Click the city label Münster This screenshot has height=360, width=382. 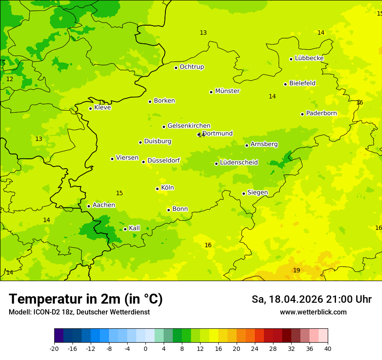227,91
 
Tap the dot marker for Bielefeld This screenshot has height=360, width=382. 285,84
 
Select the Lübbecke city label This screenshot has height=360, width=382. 309,58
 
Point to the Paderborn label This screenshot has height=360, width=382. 321,113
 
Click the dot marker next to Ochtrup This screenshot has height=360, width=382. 176,68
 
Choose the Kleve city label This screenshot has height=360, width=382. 102,108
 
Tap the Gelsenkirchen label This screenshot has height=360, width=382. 189,126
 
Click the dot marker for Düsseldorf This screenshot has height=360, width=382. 143,162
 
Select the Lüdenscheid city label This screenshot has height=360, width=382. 239,163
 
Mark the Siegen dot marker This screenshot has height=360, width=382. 244,193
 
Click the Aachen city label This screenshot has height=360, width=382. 104,205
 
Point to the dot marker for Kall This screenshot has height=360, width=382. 125,229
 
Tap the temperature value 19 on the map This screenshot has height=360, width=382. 296,270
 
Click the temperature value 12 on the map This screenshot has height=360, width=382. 10,79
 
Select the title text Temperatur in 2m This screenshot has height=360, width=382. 86,299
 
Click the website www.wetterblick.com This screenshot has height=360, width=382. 313,312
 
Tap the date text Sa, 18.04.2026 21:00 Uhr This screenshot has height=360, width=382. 311,299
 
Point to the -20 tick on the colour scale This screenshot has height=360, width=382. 54,348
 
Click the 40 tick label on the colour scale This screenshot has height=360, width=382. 327,348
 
